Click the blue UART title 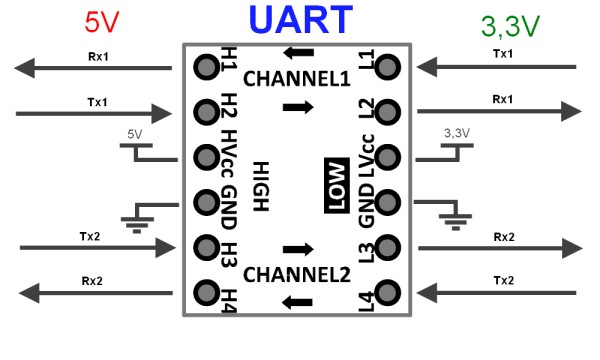[300, 19]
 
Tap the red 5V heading [102, 22]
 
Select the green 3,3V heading [510, 26]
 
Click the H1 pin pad [207, 67]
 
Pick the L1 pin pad [388, 67]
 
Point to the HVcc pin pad [207, 157]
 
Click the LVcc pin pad [388, 157]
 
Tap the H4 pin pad [207, 293]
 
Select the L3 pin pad [388, 248]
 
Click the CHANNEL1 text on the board [297, 79]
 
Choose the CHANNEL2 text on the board [297, 275]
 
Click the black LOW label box [337, 185]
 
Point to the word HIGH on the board [261, 186]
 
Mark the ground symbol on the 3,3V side [455, 217]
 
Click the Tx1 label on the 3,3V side [503, 54]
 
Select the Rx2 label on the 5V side [92, 281]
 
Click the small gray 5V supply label [135, 134]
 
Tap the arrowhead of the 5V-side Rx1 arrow [25, 68]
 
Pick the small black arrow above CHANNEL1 [298, 53]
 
